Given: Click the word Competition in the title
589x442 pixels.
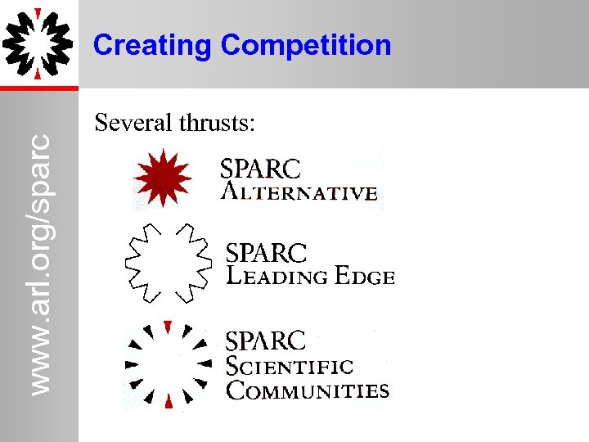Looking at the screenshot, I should coord(307,45).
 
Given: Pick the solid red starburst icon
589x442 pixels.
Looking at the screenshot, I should coord(162,178).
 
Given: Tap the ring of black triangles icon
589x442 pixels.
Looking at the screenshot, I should coord(167,363).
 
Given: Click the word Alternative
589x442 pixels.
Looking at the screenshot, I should coord(299,193).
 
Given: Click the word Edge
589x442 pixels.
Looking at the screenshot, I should coord(364,277).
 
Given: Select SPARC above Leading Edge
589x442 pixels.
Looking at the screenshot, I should coord(266,253).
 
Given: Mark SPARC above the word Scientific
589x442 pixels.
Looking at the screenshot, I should coord(265,341).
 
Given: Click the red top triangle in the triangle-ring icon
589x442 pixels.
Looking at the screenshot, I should coord(168,327).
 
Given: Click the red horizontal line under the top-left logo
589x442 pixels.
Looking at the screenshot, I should coord(38,88).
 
